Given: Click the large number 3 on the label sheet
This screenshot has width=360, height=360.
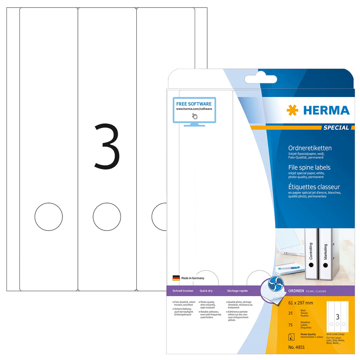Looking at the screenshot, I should tap(107, 146).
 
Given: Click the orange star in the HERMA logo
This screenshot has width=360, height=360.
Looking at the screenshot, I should tap(292, 111).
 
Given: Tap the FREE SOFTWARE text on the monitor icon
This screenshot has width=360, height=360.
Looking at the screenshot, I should tap(194, 103).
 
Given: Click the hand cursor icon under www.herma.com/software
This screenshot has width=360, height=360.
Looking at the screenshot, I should tap(194, 116).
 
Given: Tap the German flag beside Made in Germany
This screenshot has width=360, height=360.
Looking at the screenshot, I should tap(176, 278).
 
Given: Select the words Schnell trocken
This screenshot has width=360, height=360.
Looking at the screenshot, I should tap(183, 291).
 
